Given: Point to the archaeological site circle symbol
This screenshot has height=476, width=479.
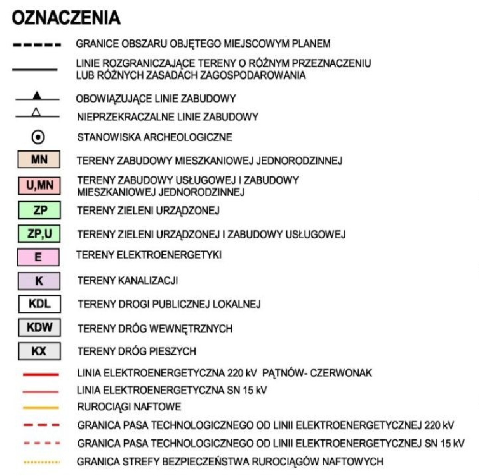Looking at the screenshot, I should [x=39, y=137].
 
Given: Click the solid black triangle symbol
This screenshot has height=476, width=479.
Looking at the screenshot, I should [x=39, y=96].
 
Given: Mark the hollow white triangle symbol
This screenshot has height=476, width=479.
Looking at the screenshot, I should [x=39, y=116].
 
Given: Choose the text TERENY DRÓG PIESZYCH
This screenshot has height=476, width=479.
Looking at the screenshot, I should [x=137, y=352].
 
